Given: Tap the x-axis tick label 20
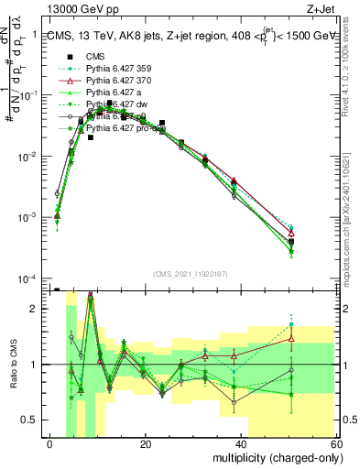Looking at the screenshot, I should tap(146, 444).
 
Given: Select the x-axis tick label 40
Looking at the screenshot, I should tap(242, 444).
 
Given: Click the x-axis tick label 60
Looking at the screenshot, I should tap(337, 444).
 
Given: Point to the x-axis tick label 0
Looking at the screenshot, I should tap(50, 444).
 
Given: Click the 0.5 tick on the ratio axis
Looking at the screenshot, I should tap(34, 420).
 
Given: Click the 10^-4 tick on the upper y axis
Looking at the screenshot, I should tap(32, 278).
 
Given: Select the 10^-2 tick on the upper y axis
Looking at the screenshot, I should tap(32, 157).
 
